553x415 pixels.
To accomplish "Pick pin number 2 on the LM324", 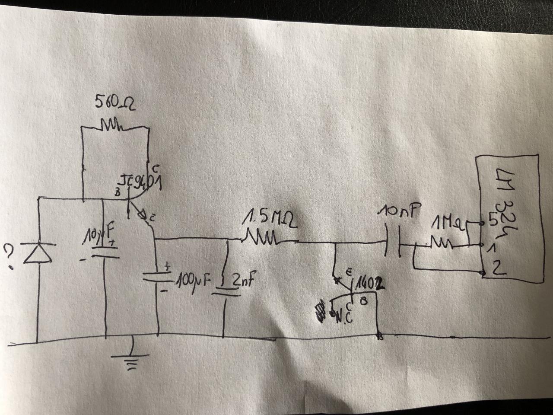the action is click(x=497, y=270).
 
